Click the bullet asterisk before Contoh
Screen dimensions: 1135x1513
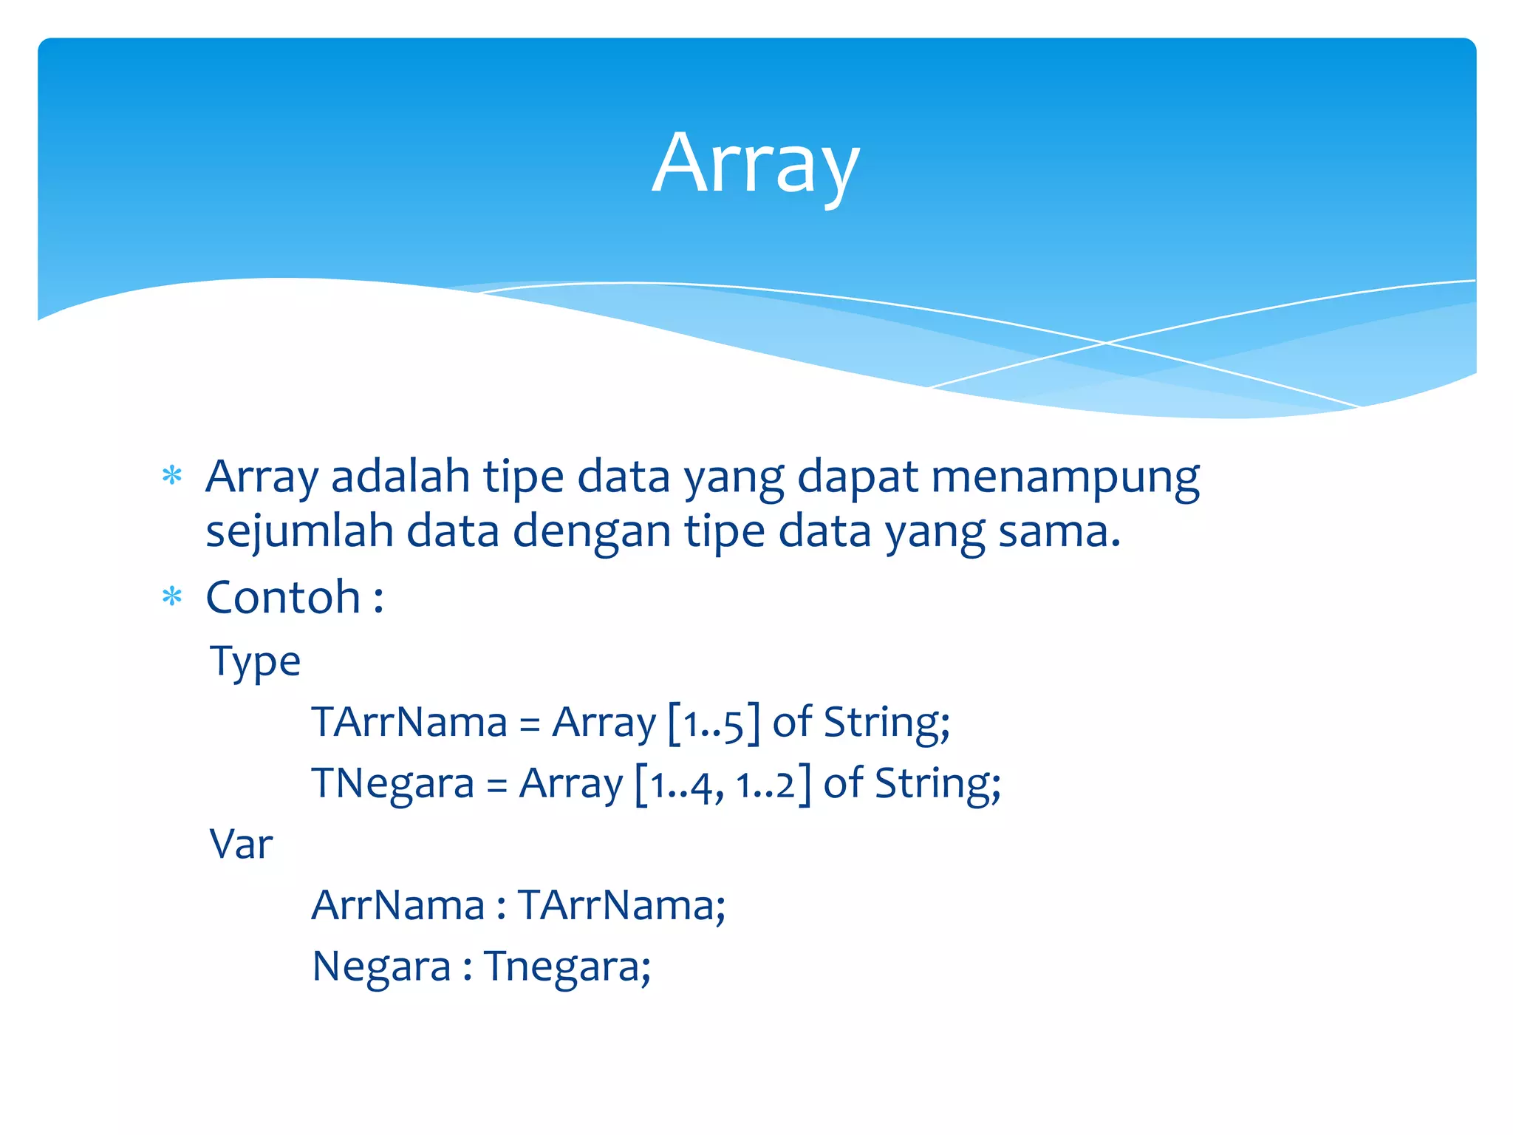pos(172,596)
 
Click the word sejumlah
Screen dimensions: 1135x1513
pos(299,532)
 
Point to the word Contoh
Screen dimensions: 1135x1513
pos(283,597)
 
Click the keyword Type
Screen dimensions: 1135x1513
pos(256,661)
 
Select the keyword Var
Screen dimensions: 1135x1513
pos(242,844)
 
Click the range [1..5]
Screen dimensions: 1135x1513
pos(713,723)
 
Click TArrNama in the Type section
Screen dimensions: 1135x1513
pos(409,723)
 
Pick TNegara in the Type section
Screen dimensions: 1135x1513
pos(392,784)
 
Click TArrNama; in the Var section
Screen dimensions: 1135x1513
pos(621,905)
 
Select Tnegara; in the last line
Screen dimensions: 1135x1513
pos(567,967)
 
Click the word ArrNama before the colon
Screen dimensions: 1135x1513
pos(397,905)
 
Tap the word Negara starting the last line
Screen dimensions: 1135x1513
pos(381,967)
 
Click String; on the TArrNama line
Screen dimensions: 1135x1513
pos(887,723)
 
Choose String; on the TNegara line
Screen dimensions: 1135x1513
pos(937,784)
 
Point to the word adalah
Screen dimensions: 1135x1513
pos(400,477)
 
